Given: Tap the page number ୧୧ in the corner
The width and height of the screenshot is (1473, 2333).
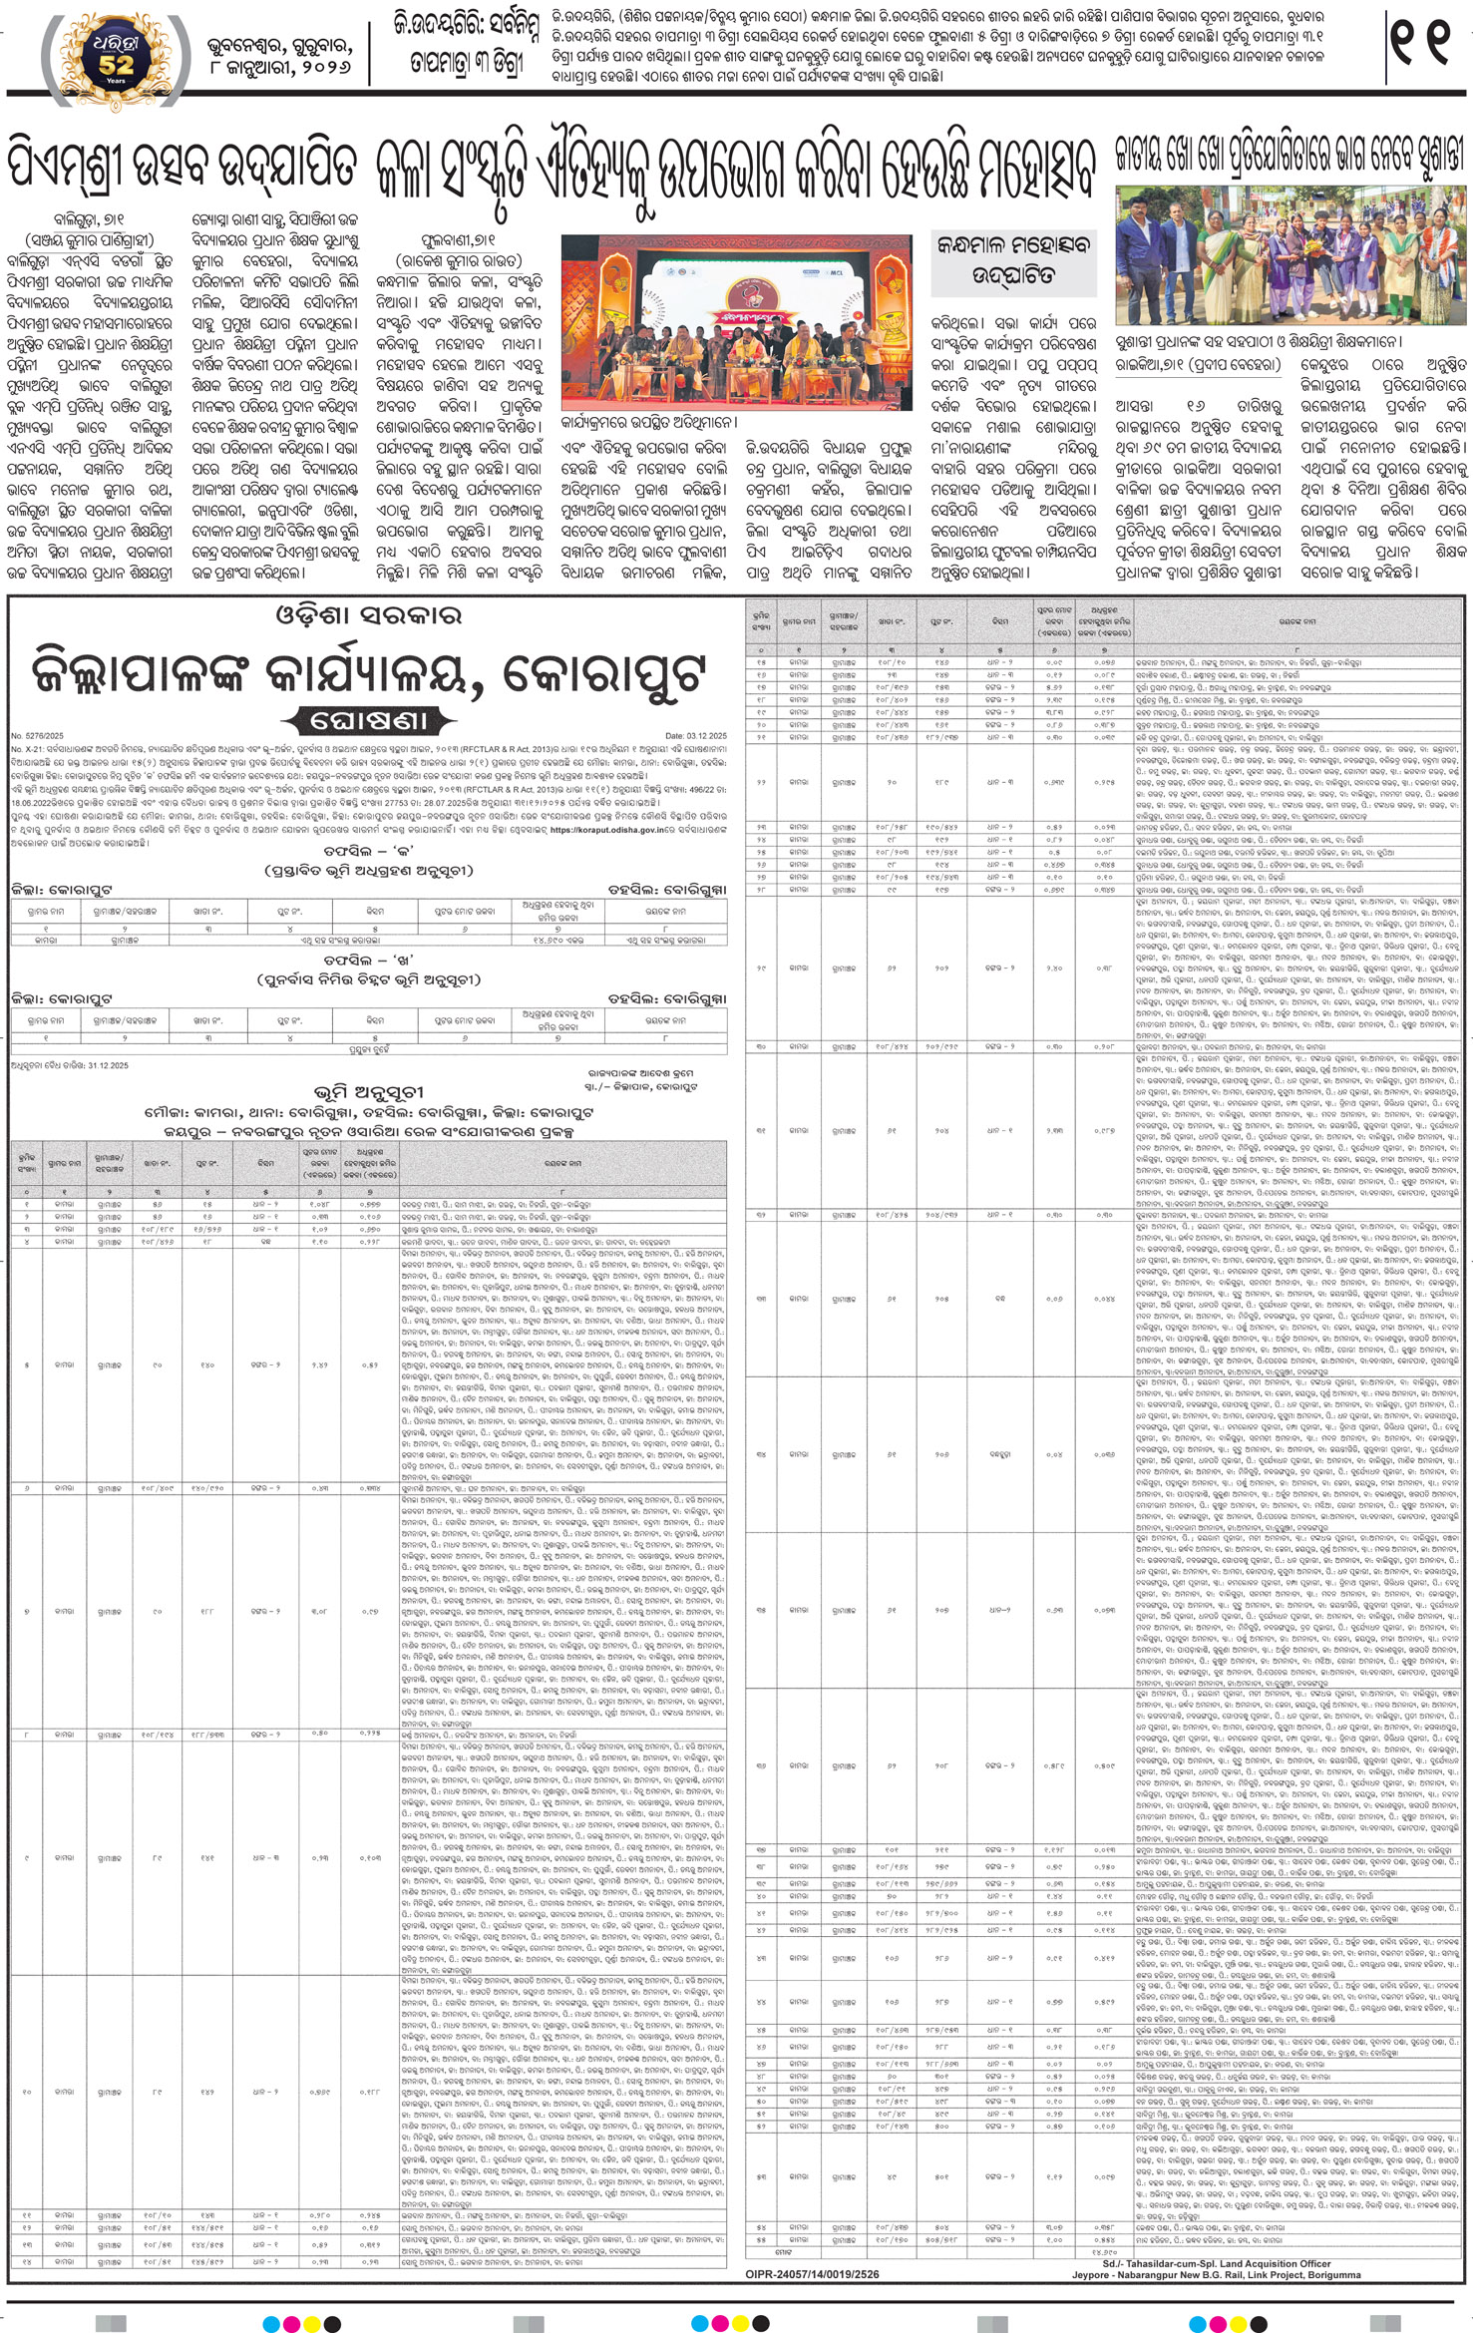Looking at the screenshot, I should pyautogui.click(x=1421, y=45).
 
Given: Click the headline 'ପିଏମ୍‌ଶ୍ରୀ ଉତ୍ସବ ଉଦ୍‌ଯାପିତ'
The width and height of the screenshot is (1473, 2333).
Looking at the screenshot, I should pyautogui.click(x=182, y=165).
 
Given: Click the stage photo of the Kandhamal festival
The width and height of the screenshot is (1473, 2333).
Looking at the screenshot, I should pyautogui.click(x=736, y=319).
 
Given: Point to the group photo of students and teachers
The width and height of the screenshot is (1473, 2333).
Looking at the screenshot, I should pyautogui.click(x=1290, y=254).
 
